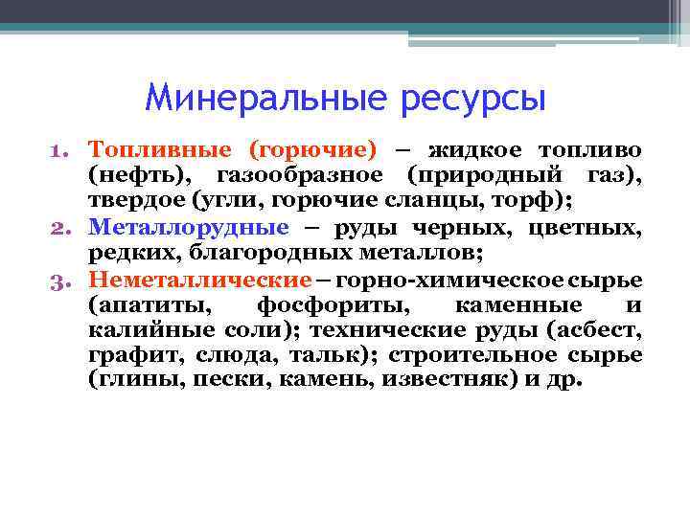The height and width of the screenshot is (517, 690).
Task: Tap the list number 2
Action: pos(58,228)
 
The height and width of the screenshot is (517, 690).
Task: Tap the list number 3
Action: pos(58,280)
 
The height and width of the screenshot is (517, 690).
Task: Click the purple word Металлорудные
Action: pos(188,227)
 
